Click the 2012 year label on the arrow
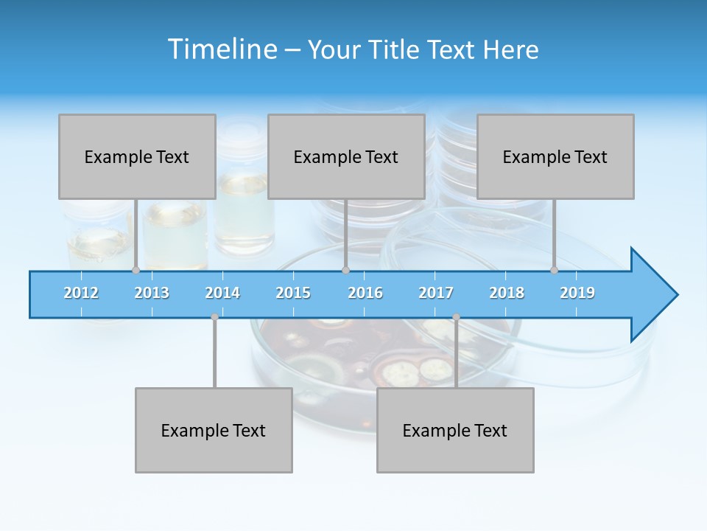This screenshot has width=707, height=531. pos(81,293)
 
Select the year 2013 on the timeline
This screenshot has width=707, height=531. pos(152,293)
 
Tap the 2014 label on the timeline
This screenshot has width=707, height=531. pos(222,293)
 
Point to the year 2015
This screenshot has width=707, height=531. pos(293,293)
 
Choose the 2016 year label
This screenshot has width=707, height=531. pos(365,293)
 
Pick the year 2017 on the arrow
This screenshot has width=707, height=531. pos(436,293)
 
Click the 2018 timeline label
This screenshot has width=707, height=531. pos(507,293)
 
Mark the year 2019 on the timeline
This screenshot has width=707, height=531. pos(577,293)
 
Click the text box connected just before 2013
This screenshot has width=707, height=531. pos(137,156)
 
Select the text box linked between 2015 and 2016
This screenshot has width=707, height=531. pos(346,156)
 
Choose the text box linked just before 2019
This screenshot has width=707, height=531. pos(555,156)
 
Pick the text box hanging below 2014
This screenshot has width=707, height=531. pos(214,430)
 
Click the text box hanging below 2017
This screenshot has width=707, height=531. pos(455,430)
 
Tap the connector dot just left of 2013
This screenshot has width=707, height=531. pos(136,270)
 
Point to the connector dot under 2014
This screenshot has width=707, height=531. pos(214,317)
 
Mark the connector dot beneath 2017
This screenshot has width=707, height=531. pos(456,317)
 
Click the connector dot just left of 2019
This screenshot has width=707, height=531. pos(555,270)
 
